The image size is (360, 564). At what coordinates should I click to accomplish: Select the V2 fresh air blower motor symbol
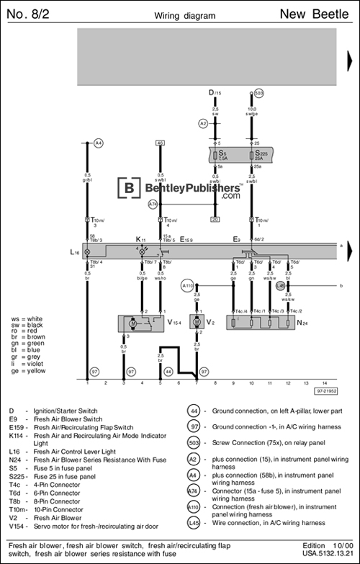[196, 322]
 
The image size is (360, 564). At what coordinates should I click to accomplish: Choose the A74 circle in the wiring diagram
[153, 205]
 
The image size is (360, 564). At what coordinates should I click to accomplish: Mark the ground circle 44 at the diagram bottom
[168, 371]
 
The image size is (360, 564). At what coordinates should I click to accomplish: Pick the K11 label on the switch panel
[140, 238]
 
